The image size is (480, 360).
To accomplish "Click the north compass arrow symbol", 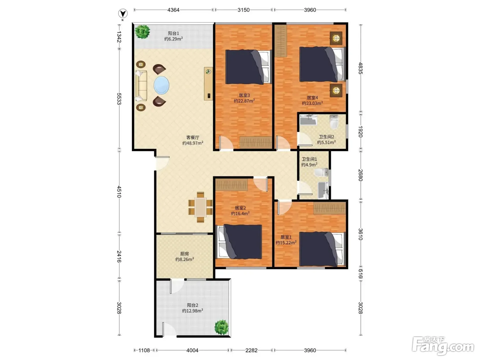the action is pos(123,14).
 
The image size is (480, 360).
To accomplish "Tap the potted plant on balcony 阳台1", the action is pos(142,32).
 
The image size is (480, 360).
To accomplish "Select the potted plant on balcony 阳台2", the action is pos(221,327).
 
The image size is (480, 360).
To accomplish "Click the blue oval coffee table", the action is pos(161,85).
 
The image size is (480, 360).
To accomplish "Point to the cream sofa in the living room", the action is pos(141,86).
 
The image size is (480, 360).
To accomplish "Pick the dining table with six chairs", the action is pos(200,207).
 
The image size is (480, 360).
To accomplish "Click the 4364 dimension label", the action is pos(173,10).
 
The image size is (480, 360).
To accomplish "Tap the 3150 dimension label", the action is pos(244,10).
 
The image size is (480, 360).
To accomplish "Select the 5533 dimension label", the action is pos(119,99).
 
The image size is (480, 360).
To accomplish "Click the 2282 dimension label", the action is pos(251,350).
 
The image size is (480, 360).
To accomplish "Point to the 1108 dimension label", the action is pos(144,350).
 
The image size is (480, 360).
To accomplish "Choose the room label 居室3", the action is pos(244,95).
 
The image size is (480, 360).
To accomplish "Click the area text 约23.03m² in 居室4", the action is pos(312,103).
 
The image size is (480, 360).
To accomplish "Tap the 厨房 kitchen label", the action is pos(184,254).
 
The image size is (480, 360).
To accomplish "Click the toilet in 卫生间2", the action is pos(334,122).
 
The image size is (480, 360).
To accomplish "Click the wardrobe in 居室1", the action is pos(329,208).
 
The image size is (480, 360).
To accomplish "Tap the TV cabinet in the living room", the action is pos(208,84).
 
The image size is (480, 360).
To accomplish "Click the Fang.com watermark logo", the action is pos(443,346).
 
